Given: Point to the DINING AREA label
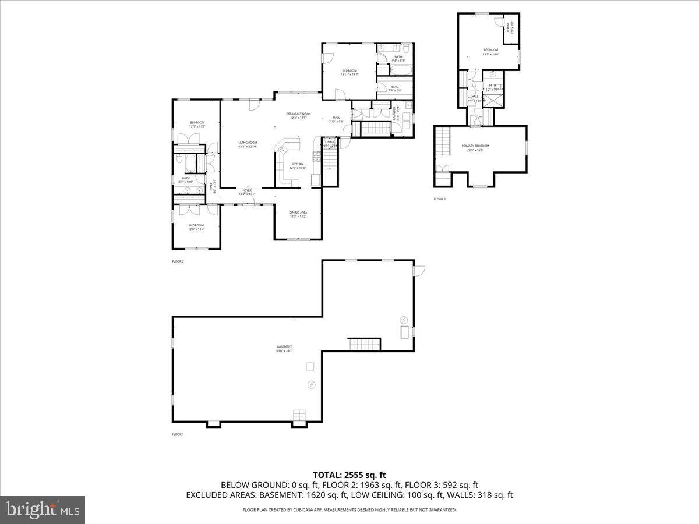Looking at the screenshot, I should (x=298, y=214).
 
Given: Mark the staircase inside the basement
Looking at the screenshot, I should (x=365, y=344).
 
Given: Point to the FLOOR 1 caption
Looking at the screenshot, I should (x=178, y=434).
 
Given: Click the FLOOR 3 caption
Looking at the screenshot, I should (x=439, y=199).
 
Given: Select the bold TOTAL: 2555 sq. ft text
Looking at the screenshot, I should (x=349, y=475).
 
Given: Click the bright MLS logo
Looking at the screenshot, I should (x=43, y=509).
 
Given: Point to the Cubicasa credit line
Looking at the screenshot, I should (x=349, y=510).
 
